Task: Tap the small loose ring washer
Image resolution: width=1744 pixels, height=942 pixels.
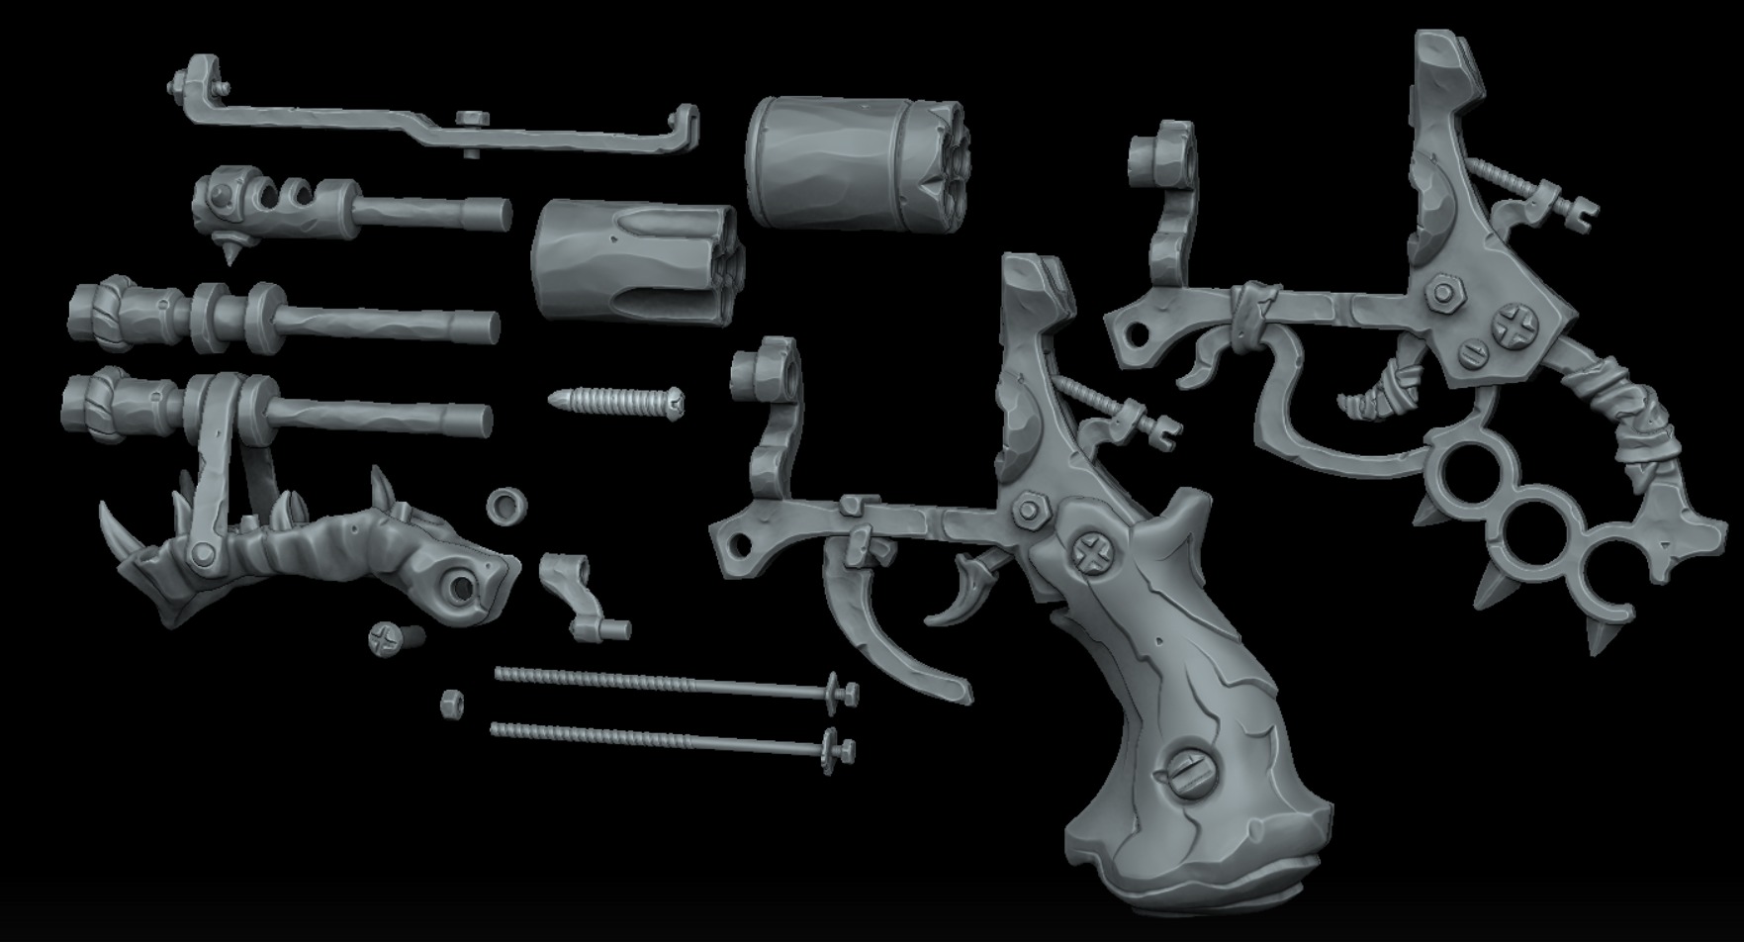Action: click(x=506, y=506)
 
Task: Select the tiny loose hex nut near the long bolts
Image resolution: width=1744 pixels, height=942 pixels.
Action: click(x=452, y=704)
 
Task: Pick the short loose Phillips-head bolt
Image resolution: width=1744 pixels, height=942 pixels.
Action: click(x=395, y=638)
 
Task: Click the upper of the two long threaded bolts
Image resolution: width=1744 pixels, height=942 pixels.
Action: click(x=673, y=684)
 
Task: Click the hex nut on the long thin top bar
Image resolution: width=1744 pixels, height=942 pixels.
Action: click(x=472, y=120)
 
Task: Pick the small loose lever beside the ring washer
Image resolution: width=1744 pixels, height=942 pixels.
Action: click(x=579, y=594)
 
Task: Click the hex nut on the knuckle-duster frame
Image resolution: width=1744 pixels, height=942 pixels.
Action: click(x=1440, y=292)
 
